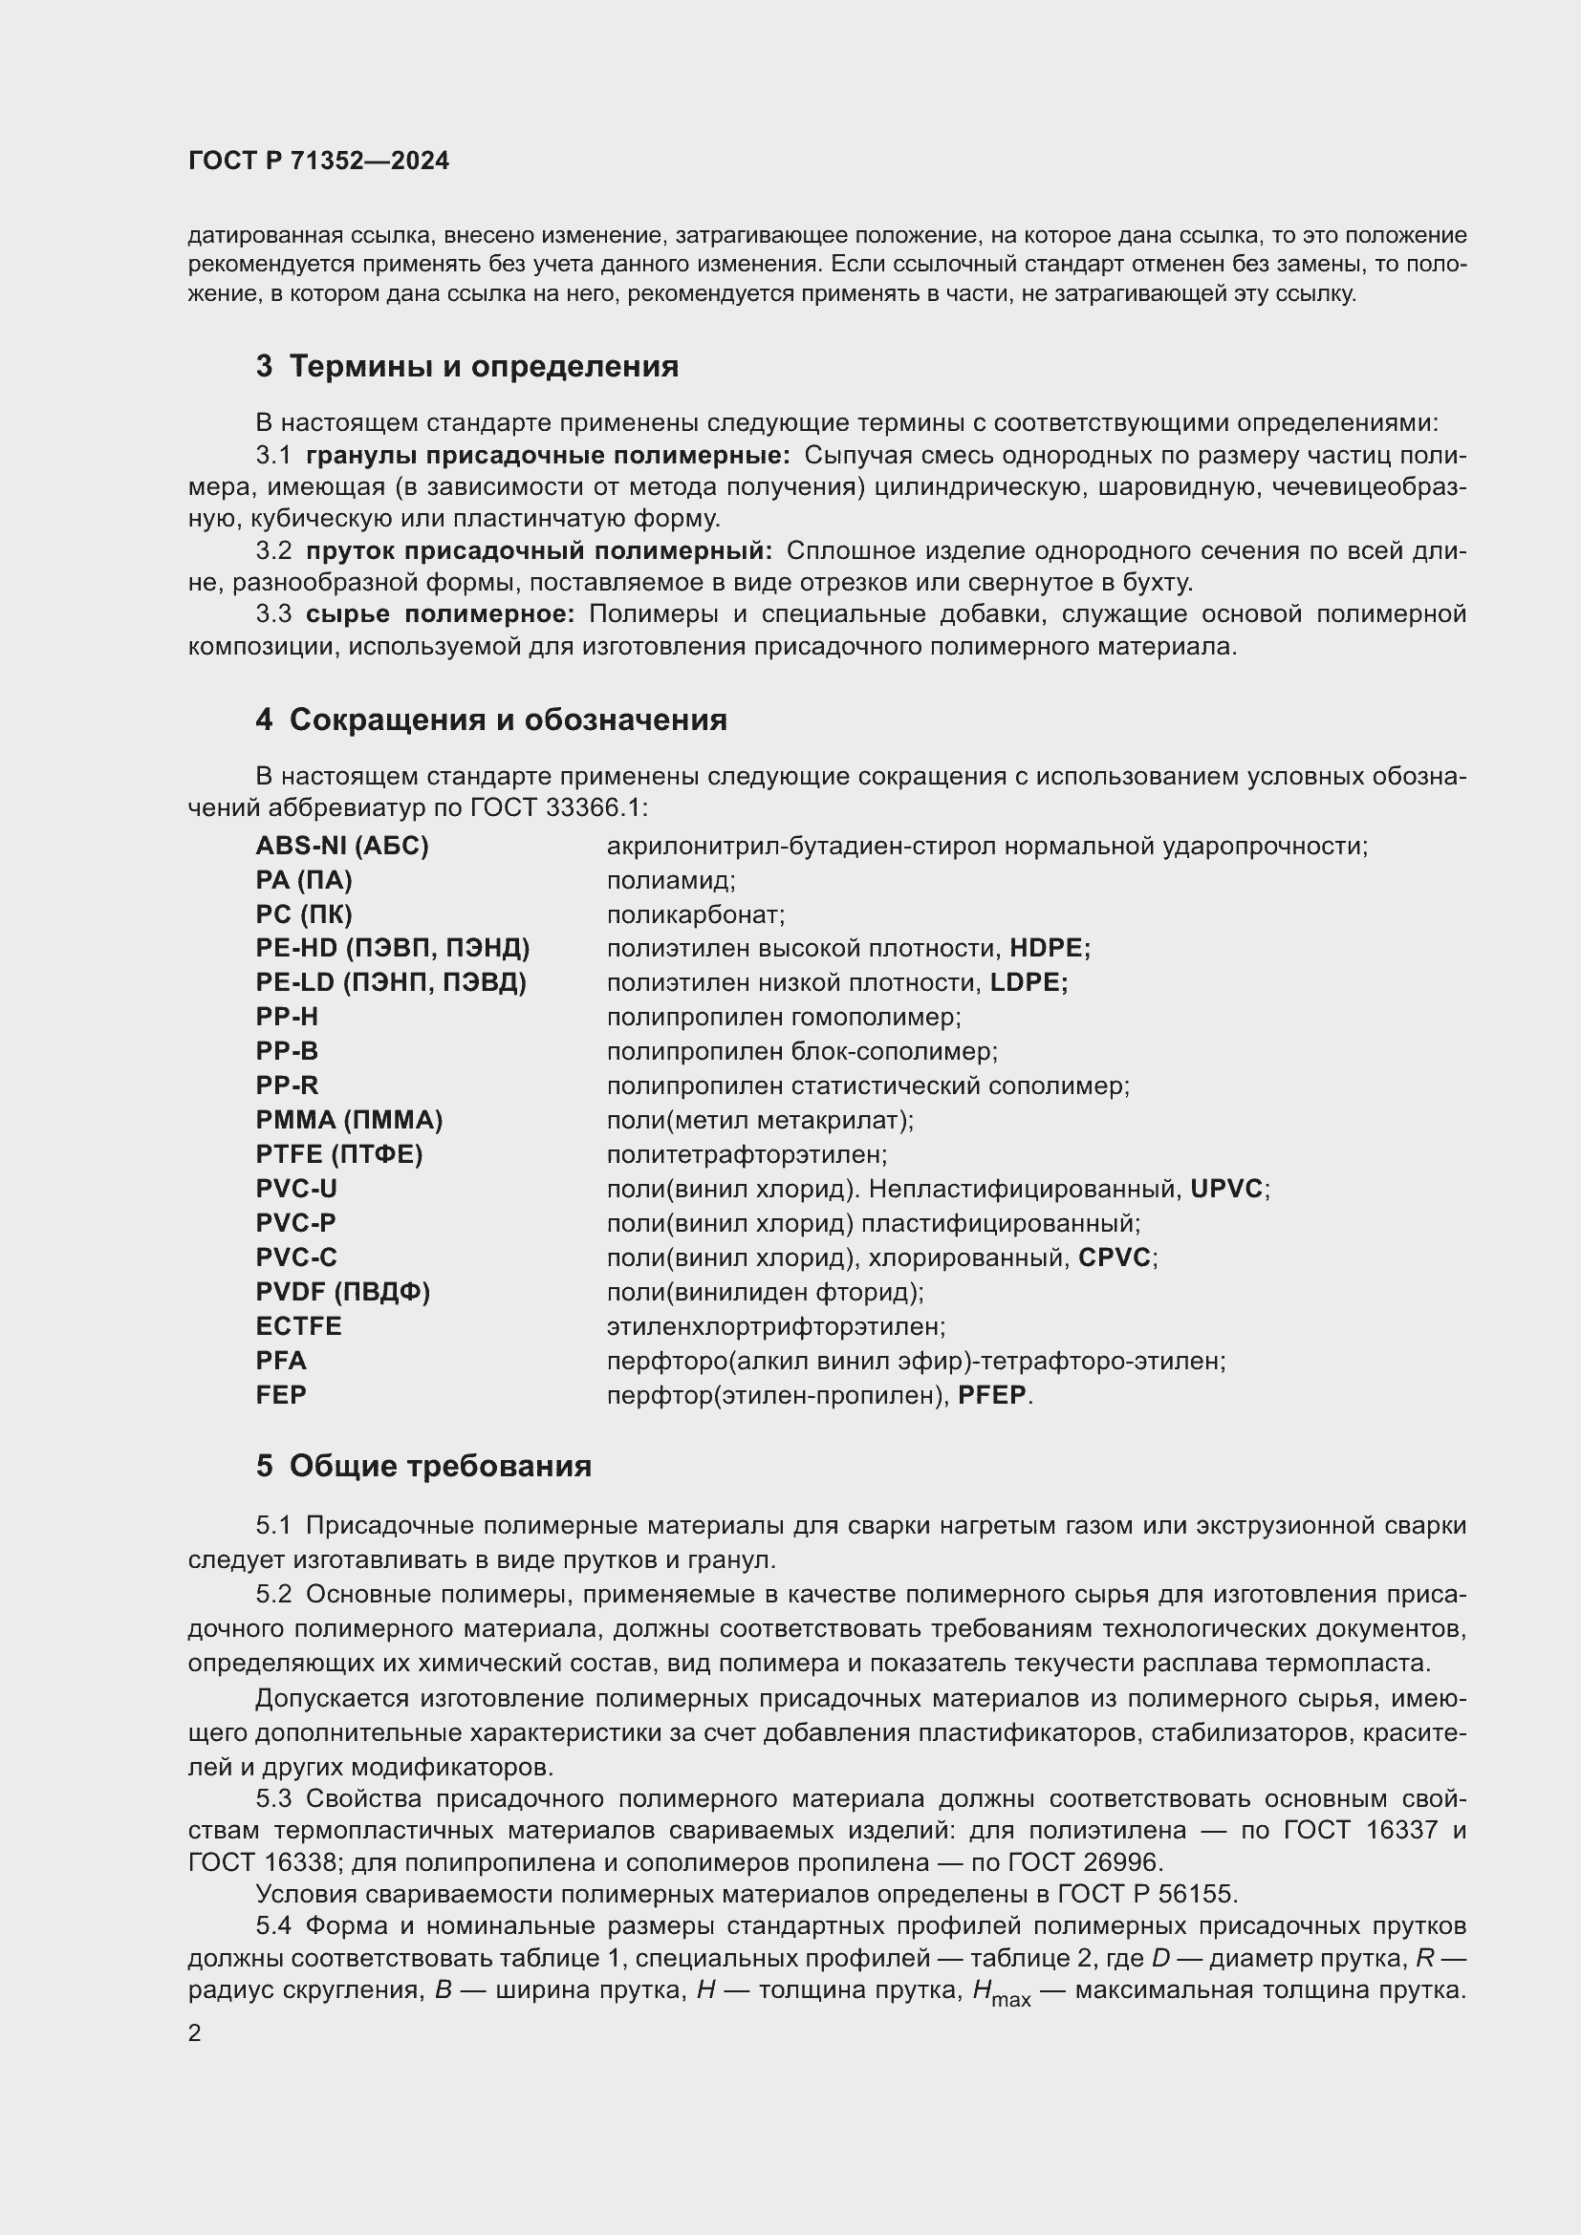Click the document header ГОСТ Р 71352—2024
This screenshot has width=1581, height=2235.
click(318, 161)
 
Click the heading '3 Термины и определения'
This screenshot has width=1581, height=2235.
click(467, 367)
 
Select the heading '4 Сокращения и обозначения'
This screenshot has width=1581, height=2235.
click(491, 720)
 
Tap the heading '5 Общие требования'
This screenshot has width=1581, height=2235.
click(423, 1466)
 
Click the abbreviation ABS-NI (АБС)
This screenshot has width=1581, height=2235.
click(341, 846)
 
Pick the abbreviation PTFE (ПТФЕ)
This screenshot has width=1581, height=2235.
click(338, 1154)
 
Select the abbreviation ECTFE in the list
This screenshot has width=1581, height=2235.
click(299, 1326)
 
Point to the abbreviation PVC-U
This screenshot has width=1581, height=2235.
click(297, 1189)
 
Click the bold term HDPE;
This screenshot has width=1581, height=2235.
click(1050, 948)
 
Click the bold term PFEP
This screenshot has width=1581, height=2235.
click(993, 1395)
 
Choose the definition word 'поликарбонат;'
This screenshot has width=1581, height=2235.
click(695, 915)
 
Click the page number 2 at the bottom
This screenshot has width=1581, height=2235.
click(195, 2033)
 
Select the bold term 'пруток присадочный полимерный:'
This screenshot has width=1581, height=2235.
click(538, 551)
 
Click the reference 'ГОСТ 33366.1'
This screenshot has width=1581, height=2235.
click(558, 808)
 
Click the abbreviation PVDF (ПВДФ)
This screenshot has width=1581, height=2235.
click(343, 1292)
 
